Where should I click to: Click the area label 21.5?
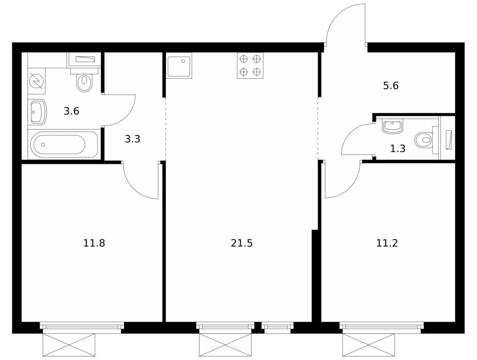point(242,243)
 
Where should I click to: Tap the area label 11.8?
point(94,243)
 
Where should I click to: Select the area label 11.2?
point(387,243)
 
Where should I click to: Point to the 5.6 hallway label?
point(390,86)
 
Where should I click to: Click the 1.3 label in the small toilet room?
point(397,149)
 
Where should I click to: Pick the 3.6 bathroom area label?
point(71,111)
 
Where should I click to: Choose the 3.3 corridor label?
point(133,139)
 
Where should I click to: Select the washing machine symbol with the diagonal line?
point(36,81)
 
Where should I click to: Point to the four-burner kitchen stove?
point(250,66)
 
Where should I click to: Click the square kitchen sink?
point(179,66)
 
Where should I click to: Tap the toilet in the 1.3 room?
point(424,140)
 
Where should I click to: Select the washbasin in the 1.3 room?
point(393,127)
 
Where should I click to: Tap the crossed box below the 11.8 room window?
point(69,345)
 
